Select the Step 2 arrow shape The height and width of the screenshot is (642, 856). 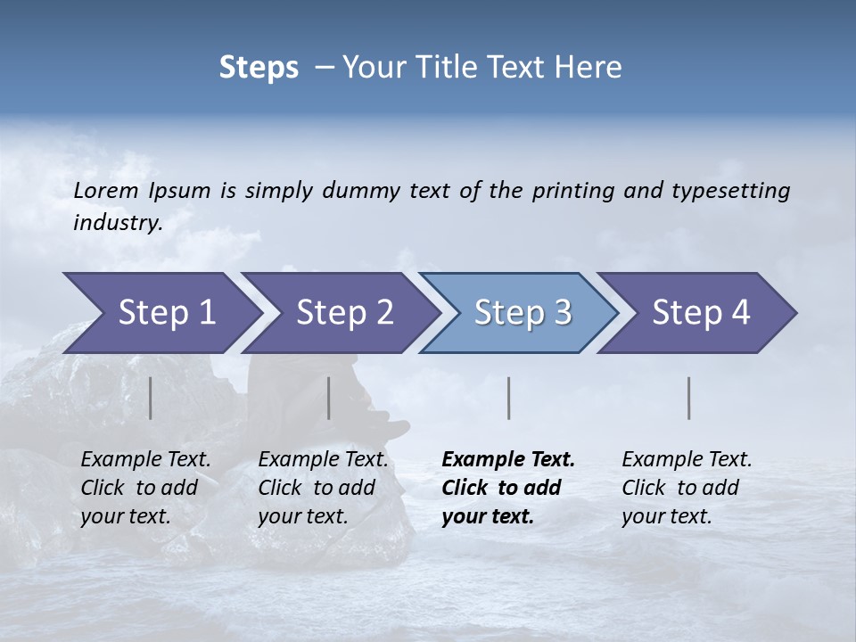click(343, 313)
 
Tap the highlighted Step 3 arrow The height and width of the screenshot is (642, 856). click(522, 313)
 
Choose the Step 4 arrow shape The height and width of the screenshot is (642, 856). click(700, 313)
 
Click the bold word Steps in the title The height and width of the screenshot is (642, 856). click(259, 68)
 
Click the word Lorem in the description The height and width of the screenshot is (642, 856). click(105, 191)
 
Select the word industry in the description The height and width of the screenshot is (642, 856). click(117, 223)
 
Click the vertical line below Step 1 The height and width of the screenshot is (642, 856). click(151, 398)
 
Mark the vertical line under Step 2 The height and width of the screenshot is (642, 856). click(329, 398)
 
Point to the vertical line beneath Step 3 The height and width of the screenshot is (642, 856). click(508, 398)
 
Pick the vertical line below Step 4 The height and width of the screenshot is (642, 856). click(688, 398)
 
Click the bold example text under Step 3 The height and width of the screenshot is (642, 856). click(507, 488)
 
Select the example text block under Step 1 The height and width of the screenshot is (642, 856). click(145, 488)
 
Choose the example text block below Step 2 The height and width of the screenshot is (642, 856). click(323, 488)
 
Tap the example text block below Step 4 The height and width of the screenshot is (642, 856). click(687, 488)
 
